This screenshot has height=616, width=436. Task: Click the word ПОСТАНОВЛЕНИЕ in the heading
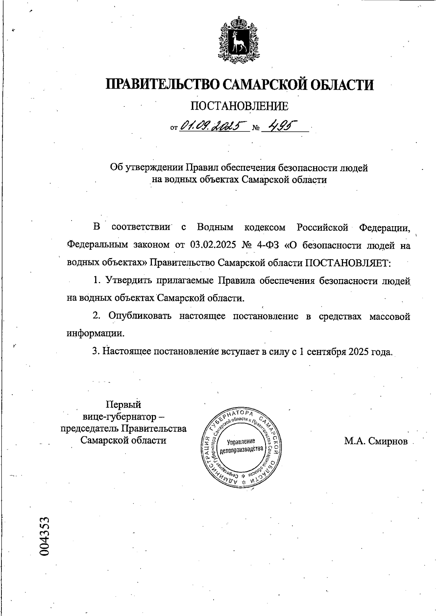coord(239,106)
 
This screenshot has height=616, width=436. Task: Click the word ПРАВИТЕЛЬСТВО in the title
coord(162,85)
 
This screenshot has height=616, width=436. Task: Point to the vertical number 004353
coord(45,537)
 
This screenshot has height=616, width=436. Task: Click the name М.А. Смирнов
coord(376,441)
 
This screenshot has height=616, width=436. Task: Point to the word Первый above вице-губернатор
coord(123,404)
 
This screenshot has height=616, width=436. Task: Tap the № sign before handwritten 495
coord(256,128)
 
